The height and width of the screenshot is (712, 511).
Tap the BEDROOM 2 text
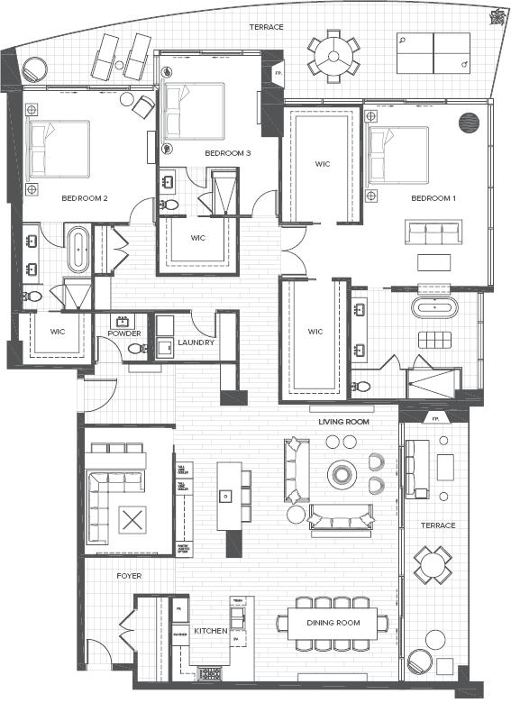(x=85, y=197)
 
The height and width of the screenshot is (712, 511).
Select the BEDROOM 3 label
(x=227, y=153)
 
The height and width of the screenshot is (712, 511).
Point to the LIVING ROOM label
(x=345, y=421)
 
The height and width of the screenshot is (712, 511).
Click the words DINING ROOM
(x=333, y=623)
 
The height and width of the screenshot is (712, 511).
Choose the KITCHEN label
(x=210, y=631)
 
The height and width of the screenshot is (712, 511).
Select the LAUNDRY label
(x=196, y=342)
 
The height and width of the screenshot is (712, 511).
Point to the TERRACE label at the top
(x=267, y=27)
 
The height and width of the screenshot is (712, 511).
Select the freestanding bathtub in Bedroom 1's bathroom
(x=434, y=307)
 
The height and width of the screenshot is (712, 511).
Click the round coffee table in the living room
(x=342, y=474)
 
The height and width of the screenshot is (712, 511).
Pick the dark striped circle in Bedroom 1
(x=469, y=123)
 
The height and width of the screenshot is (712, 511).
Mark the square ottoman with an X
(x=132, y=520)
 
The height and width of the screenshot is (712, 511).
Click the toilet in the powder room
(x=133, y=349)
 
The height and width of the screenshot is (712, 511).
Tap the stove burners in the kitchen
(x=209, y=673)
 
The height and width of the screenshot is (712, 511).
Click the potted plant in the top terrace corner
(x=494, y=18)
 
